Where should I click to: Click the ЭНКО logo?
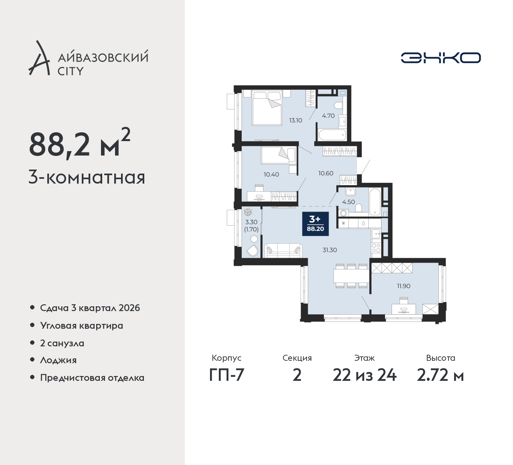440,58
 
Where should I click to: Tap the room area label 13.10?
296,120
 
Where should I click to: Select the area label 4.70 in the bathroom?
328,115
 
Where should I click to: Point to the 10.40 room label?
271,174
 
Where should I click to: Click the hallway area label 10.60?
326,173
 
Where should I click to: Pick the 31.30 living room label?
329,250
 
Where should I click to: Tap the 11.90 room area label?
404,286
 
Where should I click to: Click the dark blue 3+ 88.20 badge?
315,224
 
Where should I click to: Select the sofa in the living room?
283,251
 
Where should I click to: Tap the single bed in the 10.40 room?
278,155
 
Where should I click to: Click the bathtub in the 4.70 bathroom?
332,135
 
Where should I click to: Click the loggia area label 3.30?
251,222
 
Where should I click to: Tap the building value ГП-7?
227,376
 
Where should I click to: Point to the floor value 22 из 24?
364,376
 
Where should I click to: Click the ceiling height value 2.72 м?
440,376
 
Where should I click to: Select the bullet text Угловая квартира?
82,325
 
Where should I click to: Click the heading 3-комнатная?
87,178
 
